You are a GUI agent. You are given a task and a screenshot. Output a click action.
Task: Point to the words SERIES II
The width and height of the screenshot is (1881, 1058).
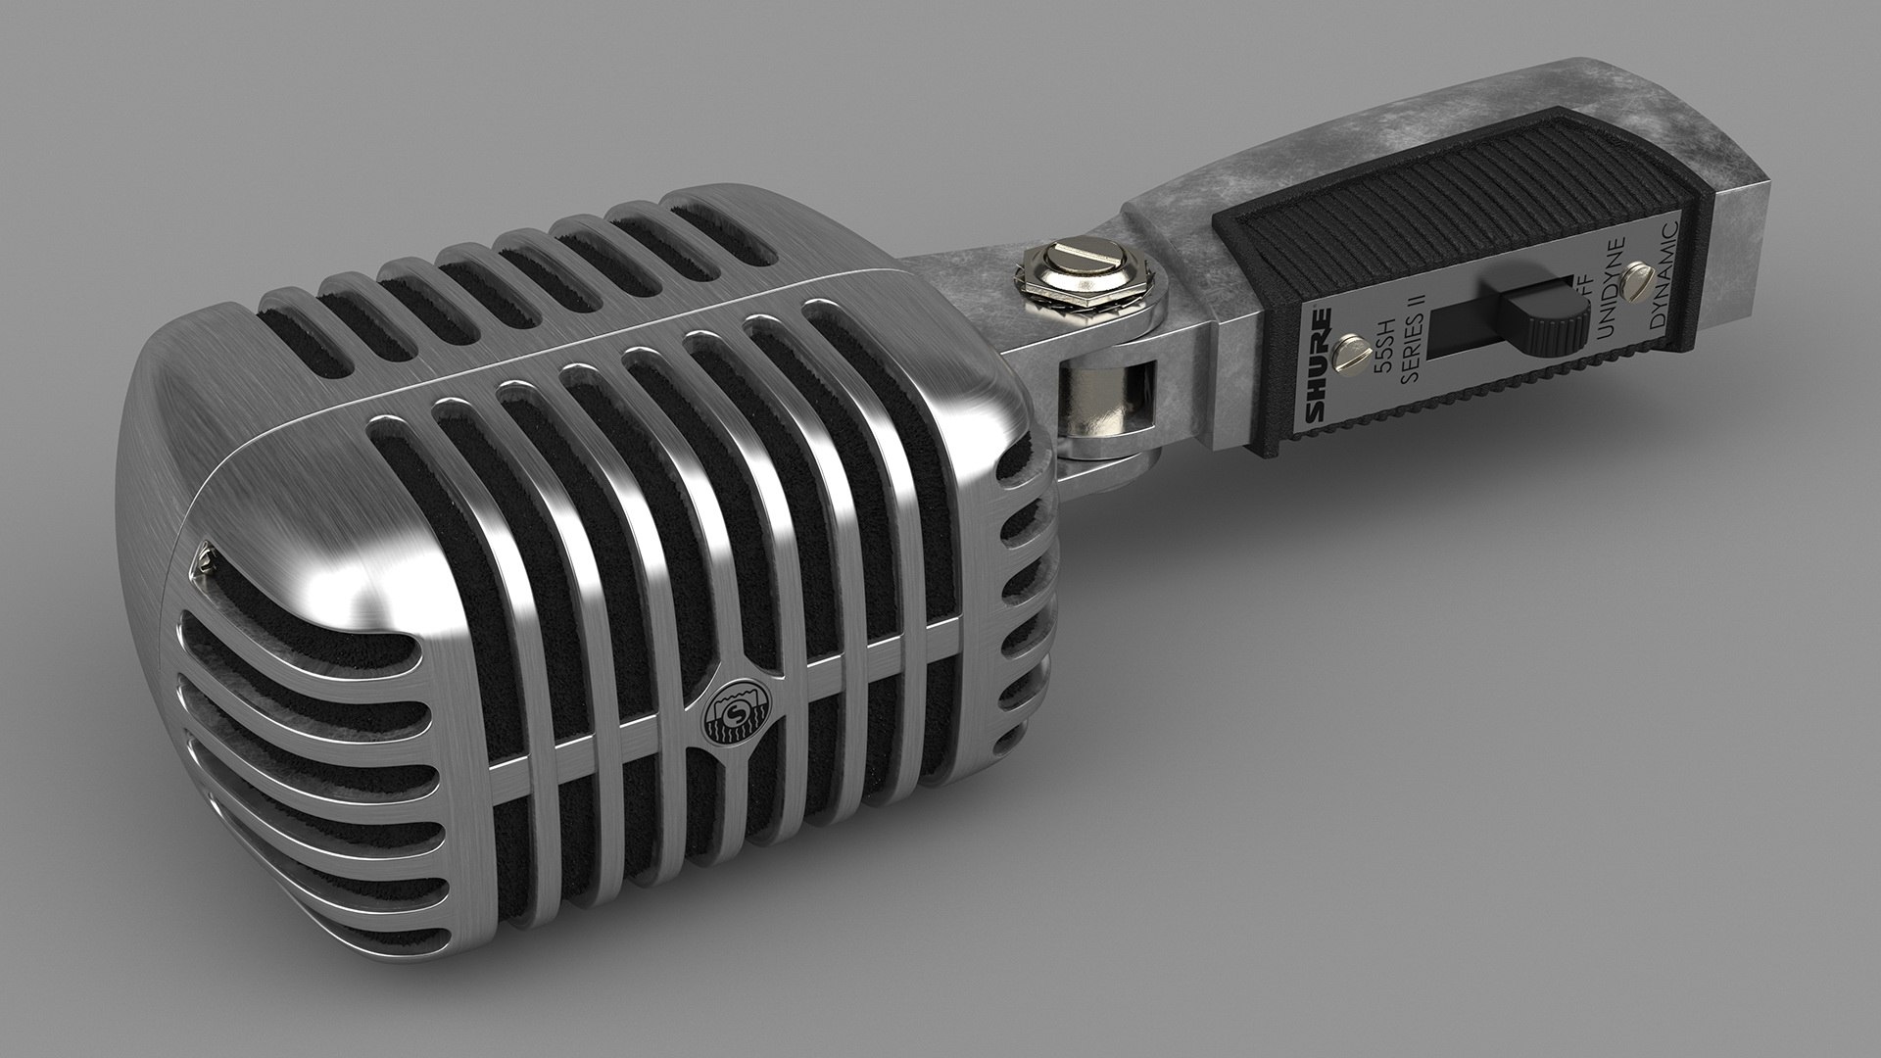[1414, 333]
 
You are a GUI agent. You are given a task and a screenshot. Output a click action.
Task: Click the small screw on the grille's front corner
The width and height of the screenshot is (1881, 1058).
[205, 558]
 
